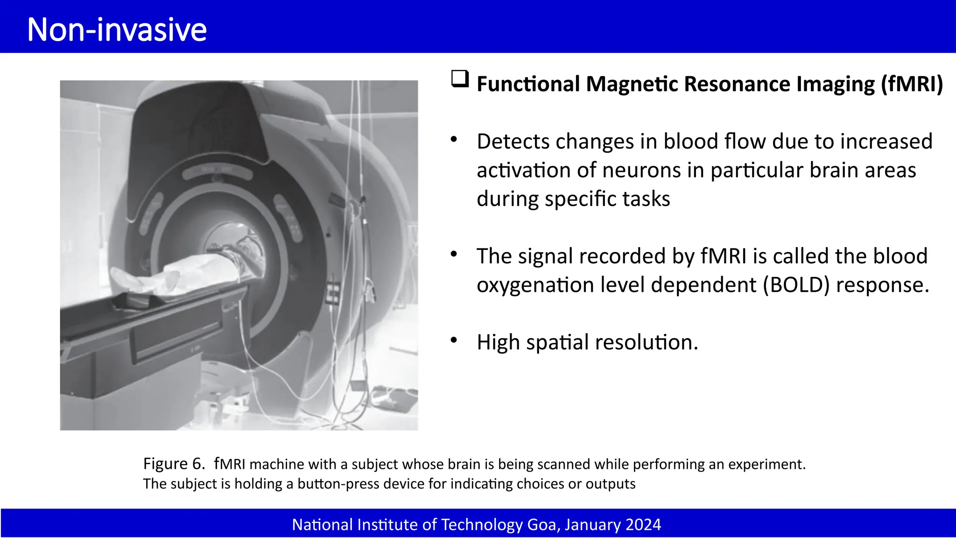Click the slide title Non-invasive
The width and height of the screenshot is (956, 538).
pos(117,29)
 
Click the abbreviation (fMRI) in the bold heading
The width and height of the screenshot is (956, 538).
pos(912,84)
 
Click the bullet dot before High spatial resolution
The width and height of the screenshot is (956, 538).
pos(454,340)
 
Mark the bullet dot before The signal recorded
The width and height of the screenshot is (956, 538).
pos(454,254)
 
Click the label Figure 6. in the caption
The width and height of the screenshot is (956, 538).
pos(174,464)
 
